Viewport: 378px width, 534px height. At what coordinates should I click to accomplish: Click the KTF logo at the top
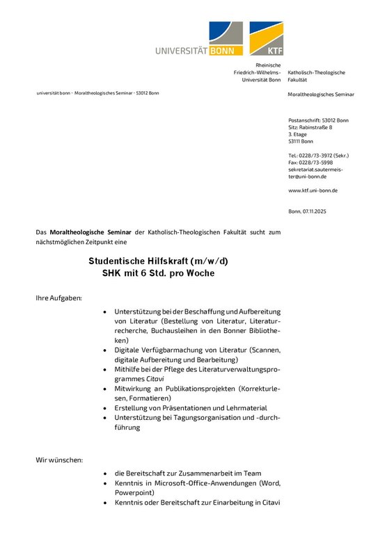(267, 38)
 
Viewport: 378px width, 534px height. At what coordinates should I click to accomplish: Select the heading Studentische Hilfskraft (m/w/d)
(158, 261)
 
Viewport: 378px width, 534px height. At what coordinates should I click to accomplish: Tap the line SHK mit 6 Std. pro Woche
(158, 274)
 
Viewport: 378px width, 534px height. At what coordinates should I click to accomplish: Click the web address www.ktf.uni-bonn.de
(313, 191)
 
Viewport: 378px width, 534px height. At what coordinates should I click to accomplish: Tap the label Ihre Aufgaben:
(59, 298)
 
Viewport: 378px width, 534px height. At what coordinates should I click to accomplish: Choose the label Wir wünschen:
(59, 460)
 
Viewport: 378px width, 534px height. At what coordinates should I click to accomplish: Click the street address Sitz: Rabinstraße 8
(310, 127)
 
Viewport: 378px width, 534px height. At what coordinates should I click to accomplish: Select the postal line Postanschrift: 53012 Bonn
(318, 120)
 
